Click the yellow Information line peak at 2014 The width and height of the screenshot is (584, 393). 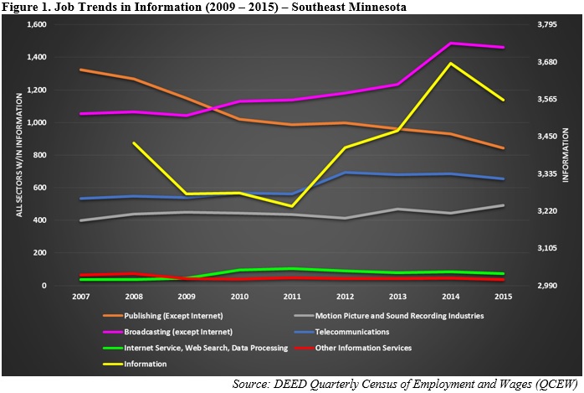tap(451, 64)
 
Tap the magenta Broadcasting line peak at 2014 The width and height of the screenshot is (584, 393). tap(451, 44)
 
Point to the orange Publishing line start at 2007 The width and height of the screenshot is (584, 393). tap(81, 70)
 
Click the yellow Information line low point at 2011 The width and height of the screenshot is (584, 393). tap(292, 206)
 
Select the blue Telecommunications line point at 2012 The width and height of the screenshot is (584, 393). tap(346, 173)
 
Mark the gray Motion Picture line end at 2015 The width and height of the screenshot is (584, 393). tap(503, 205)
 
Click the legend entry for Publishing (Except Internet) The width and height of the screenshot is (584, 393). tap(163, 316)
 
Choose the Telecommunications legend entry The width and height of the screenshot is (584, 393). tap(341, 332)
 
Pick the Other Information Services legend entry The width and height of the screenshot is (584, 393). tap(353, 348)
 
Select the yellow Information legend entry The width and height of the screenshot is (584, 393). tap(135, 364)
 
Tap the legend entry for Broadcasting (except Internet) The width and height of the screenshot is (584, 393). tap(167, 332)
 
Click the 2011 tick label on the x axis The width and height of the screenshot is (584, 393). tap(292, 297)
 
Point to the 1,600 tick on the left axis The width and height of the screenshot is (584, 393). tap(37, 24)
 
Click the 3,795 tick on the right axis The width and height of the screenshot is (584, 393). tap(546, 24)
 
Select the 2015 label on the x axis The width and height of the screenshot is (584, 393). tap(503, 297)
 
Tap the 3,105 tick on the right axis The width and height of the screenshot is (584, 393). tap(546, 248)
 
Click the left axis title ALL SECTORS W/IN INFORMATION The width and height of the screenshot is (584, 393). tap(19, 155)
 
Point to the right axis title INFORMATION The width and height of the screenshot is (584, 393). tap(566, 155)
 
